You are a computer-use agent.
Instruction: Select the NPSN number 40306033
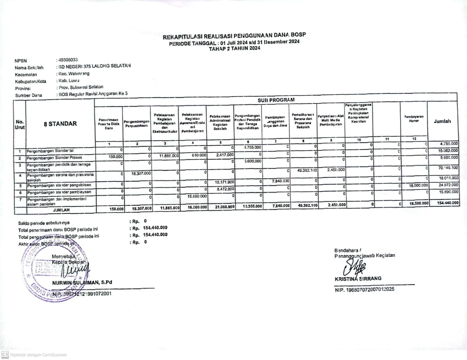tap(68, 60)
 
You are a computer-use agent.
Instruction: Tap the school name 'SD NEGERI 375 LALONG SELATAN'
tap(94, 66)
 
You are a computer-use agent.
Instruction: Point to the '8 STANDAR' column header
tap(60, 124)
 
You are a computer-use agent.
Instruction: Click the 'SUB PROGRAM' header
tap(276, 100)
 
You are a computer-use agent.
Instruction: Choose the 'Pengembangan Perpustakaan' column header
tap(136, 124)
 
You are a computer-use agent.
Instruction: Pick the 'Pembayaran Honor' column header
tap(414, 119)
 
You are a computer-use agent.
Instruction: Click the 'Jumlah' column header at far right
tap(442, 121)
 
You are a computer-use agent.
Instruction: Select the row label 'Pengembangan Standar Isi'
tap(50, 151)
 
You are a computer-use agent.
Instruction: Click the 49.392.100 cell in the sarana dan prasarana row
tap(307, 170)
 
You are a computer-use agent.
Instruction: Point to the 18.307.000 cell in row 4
tap(141, 174)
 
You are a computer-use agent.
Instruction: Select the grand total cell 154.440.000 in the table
tap(448, 203)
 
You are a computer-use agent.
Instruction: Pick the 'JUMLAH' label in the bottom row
tap(61, 210)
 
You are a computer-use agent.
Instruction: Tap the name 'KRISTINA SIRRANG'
tap(358, 279)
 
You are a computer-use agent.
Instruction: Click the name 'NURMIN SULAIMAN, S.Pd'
tap(82, 282)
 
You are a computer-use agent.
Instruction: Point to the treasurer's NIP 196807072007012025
tap(364, 290)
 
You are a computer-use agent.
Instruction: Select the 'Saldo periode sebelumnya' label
tap(44, 223)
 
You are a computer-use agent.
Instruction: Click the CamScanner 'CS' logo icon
tap(5, 355)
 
